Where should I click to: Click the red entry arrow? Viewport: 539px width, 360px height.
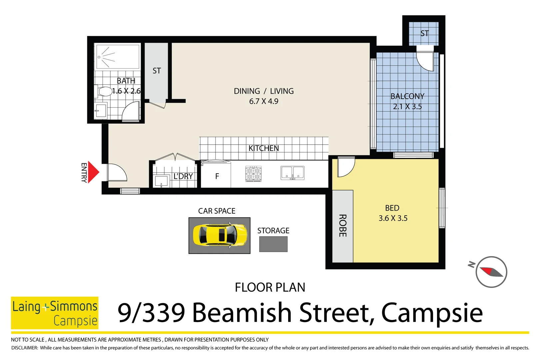[93, 172]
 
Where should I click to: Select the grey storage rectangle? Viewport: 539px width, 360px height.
[273, 244]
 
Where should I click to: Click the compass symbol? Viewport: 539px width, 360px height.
[491, 272]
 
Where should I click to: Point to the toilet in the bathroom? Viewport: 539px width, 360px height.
[104, 91]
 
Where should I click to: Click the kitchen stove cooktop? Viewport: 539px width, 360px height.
[253, 174]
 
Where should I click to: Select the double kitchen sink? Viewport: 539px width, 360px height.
[292, 173]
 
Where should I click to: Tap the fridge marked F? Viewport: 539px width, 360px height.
[217, 176]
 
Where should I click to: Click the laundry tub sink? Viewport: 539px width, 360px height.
[161, 181]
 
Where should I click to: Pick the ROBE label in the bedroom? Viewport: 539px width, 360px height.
[342, 226]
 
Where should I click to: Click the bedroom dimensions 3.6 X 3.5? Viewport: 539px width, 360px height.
[393, 218]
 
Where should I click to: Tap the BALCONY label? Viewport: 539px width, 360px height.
[407, 96]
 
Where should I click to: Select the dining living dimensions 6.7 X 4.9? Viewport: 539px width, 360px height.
[264, 101]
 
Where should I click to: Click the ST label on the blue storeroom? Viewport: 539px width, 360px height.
[424, 33]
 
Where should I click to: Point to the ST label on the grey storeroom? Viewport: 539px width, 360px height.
[157, 71]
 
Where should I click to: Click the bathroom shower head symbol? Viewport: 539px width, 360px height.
[99, 57]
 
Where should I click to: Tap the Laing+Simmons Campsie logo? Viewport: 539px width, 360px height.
[55, 313]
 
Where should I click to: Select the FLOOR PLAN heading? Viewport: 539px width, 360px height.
[270, 287]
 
